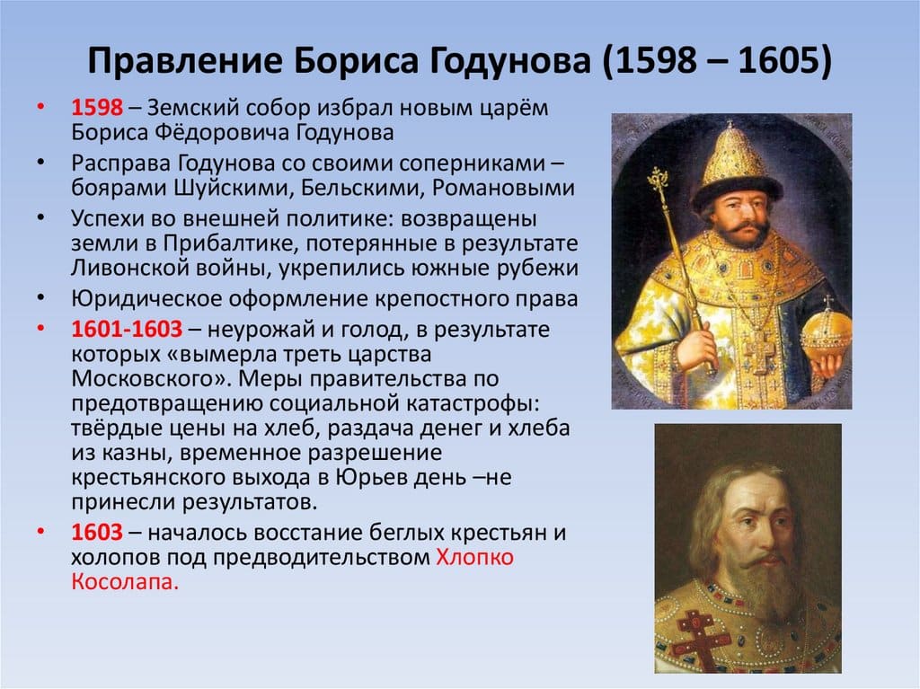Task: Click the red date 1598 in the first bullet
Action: (97, 108)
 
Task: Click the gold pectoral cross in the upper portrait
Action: (761, 353)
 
